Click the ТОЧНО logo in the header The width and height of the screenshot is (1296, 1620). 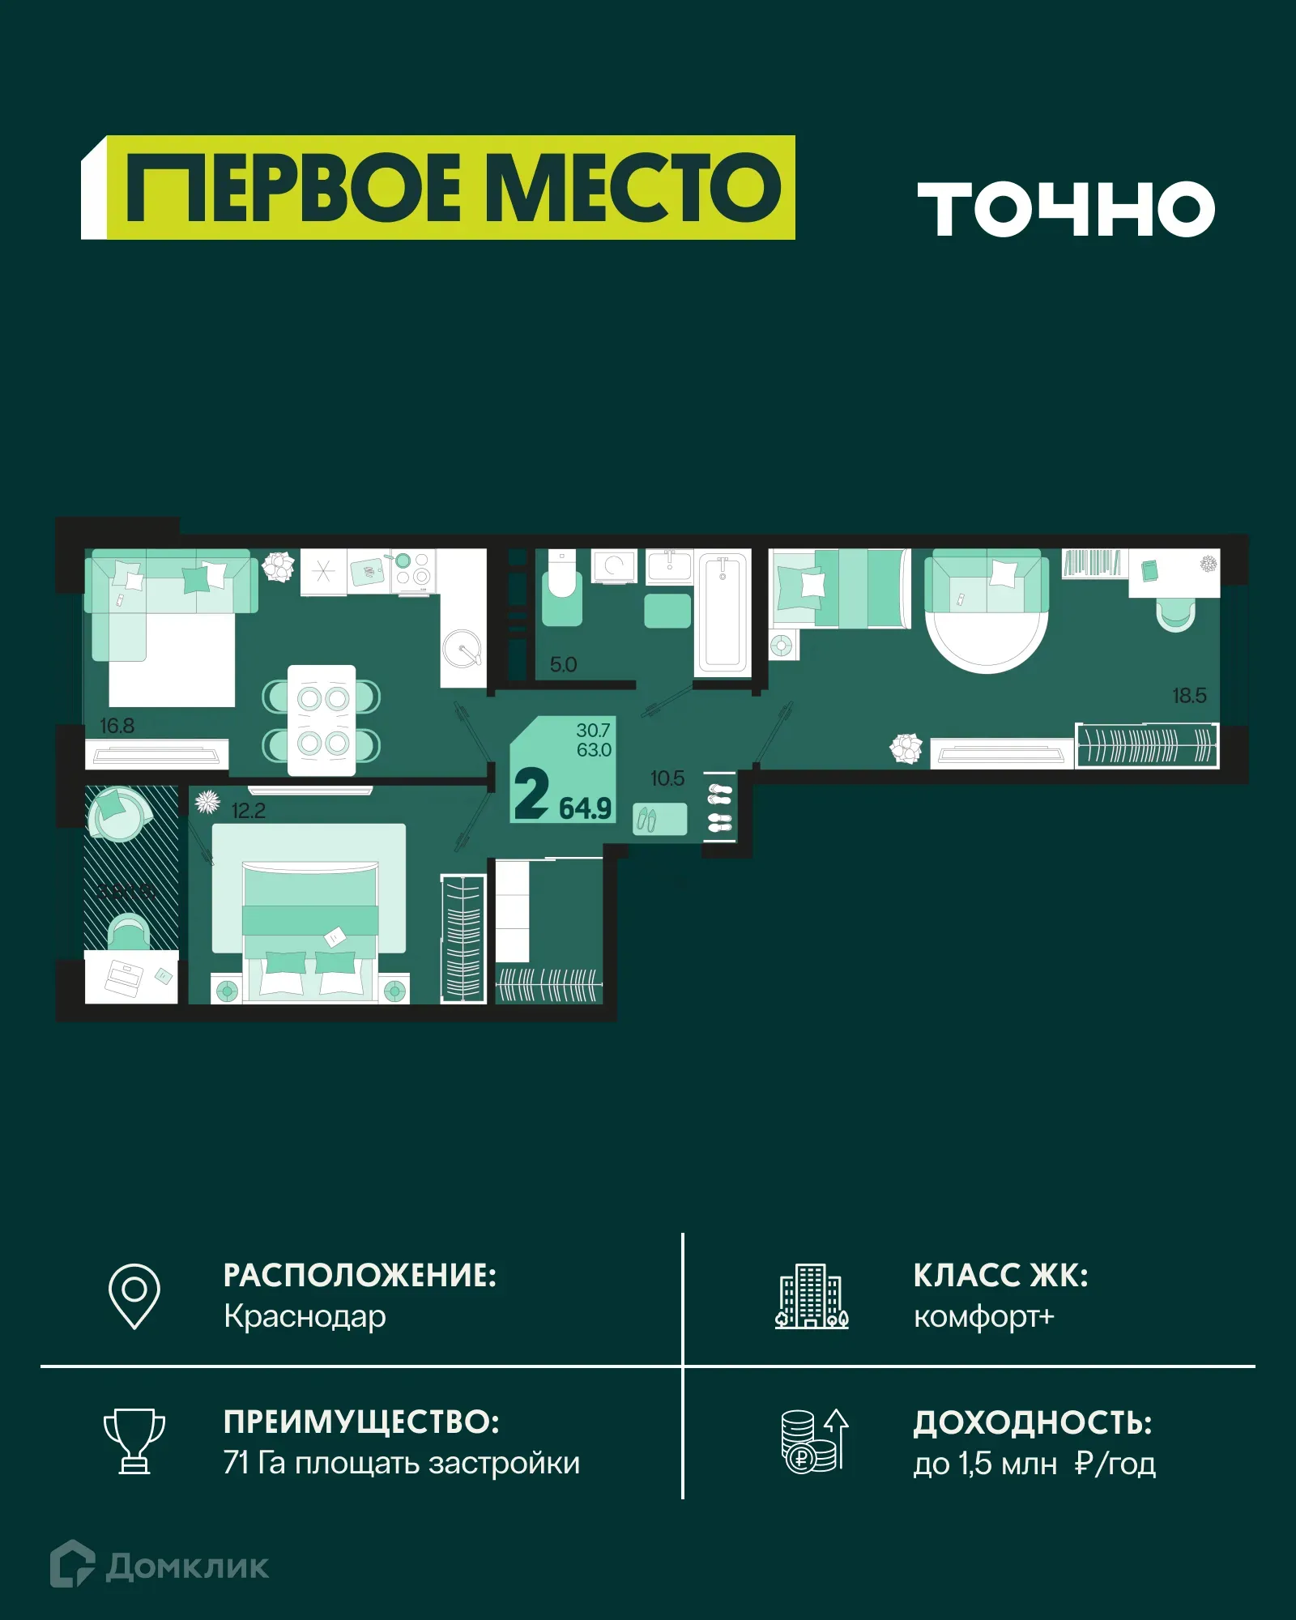coord(1065,209)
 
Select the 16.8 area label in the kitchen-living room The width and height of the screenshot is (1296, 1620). coord(117,726)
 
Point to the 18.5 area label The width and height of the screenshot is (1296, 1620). coord(1188,695)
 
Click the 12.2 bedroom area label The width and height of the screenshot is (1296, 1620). coord(248,811)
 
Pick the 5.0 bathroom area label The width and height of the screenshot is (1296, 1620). coord(563,665)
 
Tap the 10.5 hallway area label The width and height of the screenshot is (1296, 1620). coord(667,778)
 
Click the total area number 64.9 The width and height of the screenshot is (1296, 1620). coord(585,808)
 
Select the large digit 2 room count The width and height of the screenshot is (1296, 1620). coord(531,795)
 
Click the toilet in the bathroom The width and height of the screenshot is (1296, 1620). coord(561,590)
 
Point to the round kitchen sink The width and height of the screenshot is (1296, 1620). coord(462,648)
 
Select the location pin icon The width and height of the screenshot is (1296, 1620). coord(134,1296)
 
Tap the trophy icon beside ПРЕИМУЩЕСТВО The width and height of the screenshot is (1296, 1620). coord(134,1442)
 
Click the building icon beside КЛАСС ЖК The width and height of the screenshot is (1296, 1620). coord(812,1296)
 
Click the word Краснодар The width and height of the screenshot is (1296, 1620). coord(305,1316)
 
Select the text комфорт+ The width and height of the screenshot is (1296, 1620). coord(983,1317)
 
